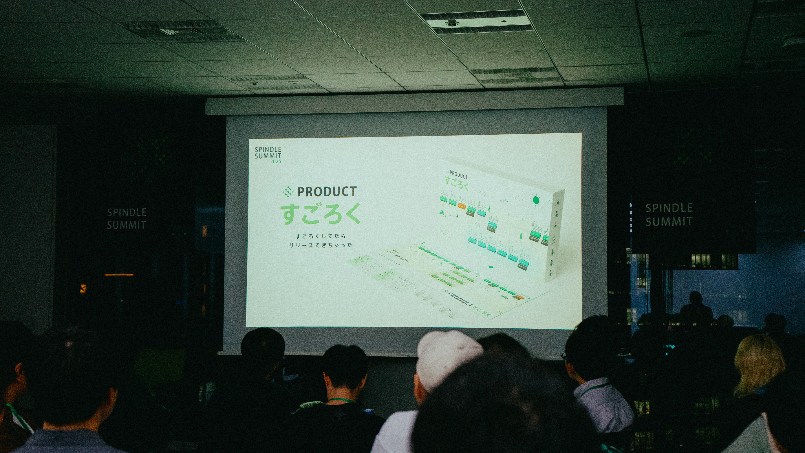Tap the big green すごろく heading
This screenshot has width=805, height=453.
(320, 214)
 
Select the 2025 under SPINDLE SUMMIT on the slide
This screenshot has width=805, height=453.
(276, 162)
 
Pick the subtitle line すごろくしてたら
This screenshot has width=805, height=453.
(320, 236)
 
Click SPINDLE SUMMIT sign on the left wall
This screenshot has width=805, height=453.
(127, 219)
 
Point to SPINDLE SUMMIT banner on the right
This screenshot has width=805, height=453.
(669, 215)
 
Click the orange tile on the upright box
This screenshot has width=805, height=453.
(462, 206)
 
